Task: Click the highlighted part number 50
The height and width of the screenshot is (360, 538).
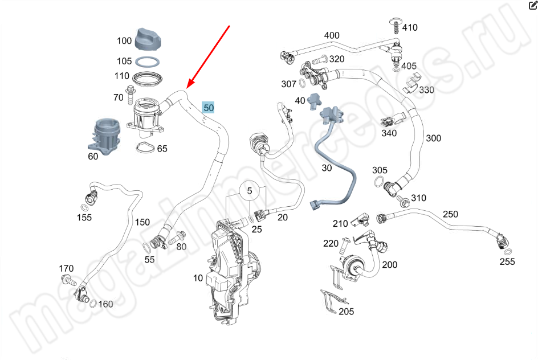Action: coord(209,107)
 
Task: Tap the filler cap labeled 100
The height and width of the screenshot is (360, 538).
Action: coord(149,38)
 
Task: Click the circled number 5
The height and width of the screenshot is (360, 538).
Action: coord(249,190)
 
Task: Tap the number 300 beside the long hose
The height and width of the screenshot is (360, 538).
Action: coord(433,138)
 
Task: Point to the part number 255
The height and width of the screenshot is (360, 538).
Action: coord(507,261)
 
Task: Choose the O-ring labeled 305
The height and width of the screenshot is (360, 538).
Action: coord(379,182)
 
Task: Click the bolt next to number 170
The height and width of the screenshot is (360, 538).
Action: coord(67,280)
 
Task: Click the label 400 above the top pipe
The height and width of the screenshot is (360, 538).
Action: coord(331,35)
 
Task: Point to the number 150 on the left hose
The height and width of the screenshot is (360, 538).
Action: coord(142,222)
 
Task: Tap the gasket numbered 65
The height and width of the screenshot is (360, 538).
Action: coord(145,149)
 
